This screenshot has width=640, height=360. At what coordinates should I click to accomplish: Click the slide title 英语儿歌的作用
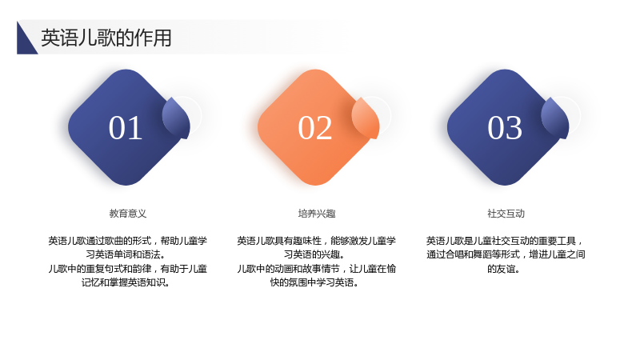click(x=106, y=38)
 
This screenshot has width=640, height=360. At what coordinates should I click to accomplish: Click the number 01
click(x=126, y=128)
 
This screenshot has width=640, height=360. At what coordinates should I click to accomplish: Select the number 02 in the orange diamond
click(x=314, y=128)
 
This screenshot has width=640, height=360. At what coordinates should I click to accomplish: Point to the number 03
click(x=505, y=128)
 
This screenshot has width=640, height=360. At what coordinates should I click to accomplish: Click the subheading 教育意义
click(x=128, y=214)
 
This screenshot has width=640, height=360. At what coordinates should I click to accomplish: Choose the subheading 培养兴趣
click(x=317, y=214)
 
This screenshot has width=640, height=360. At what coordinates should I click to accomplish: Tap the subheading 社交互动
click(x=506, y=214)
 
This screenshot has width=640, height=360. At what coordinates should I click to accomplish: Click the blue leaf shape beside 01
click(x=177, y=118)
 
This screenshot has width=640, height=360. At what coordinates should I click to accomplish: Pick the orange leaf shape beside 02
click(x=366, y=118)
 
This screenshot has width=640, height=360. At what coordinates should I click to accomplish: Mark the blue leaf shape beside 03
click(x=555, y=118)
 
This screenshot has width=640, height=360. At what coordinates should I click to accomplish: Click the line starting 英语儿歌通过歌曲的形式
click(x=128, y=241)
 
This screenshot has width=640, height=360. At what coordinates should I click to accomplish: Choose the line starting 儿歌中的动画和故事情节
click(x=317, y=269)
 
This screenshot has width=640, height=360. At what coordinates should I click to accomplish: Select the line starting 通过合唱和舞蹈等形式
click(x=506, y=254)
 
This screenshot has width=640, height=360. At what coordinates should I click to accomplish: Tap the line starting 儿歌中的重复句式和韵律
click(x=128, y=269)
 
